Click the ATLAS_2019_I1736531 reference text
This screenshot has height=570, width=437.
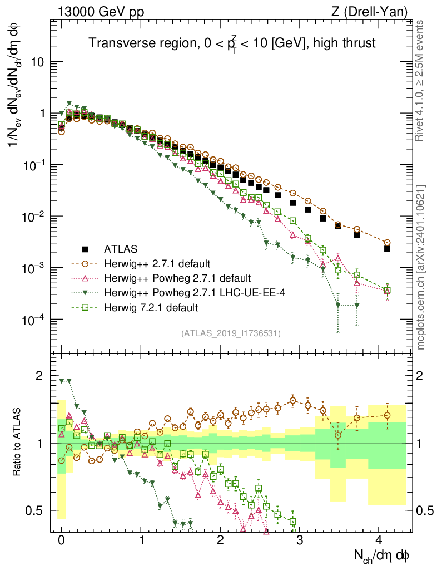[x=230, y=333]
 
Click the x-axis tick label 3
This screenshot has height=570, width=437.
[x=300, y=540]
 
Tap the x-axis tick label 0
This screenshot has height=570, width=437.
[x=62, y=540]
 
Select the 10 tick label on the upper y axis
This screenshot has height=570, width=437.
[x=38, y=62]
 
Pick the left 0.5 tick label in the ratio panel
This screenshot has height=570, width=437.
[x=35, y=510]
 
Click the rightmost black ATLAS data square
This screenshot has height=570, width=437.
[x=387, y=248]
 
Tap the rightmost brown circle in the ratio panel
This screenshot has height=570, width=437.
[x=387, y=415]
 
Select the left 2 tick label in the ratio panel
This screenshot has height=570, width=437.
[x=39, y=376]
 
